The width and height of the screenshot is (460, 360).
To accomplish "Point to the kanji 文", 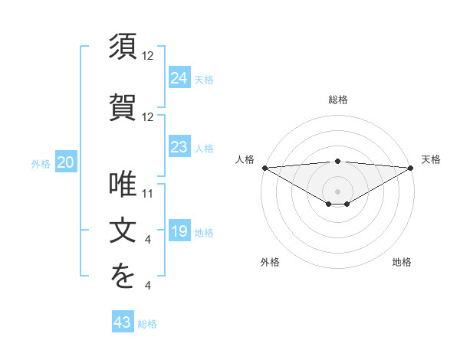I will [x=123, y=231].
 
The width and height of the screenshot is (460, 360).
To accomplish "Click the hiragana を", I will [x=123, y=277].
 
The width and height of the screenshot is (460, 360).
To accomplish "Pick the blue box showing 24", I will [x=179, y=77].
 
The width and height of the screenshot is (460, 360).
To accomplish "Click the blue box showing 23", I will [x=179, y=147].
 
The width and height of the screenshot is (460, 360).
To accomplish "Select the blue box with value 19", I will [x=179, y=232].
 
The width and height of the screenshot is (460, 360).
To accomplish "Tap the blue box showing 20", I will [x=66, y=162].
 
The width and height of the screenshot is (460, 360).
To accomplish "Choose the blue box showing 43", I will [x=123, y=323].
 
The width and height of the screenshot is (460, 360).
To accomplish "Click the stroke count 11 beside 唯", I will [x=148, y=193].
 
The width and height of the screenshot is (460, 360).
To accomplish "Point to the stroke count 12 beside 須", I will [x=148, y=56].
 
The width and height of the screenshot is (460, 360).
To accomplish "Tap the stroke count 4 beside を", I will [x=148, y=286].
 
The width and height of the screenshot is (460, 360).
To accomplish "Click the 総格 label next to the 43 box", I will [x=147, y=325].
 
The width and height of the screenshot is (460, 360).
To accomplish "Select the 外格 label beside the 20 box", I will [x=41, y=164].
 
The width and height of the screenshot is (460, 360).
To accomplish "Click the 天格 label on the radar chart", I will [x=432, y=159].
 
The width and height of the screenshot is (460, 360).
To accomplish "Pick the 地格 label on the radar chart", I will [x=402, y=262].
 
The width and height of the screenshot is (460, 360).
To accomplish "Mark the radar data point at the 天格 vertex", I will [x=411, y=168].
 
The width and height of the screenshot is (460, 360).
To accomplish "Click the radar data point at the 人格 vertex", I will [x=264, y=168].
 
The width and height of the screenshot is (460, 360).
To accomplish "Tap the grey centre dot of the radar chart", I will [x=337, y=190].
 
